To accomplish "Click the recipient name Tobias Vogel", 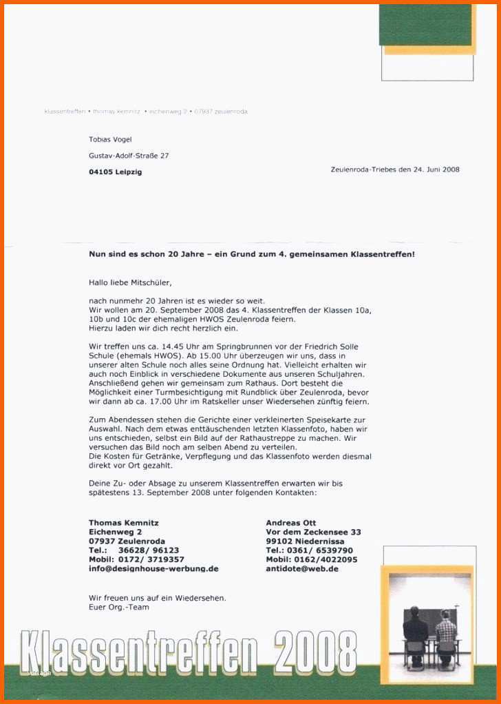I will tap(110, 139).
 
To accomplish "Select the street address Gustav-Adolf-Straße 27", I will tap(129, 156).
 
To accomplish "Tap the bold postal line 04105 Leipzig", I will tap(115, 172).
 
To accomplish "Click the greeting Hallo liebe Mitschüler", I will tap(130, 282).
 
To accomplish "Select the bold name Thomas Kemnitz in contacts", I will tap(124, 523).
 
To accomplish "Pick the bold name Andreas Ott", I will tap(291, 523).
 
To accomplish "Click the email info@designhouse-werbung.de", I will tap(153, 569).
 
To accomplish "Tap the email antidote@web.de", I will tap(302, 569).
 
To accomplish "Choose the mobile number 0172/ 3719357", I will tap(151, 559).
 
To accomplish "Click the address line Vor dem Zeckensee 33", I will tap(313, 532).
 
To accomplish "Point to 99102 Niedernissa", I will tap(305, 541).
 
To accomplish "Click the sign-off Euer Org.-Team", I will tap(119, 607).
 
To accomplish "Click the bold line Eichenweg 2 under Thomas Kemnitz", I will tap(116, 532).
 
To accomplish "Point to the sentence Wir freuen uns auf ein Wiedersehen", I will tap(158, 597).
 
